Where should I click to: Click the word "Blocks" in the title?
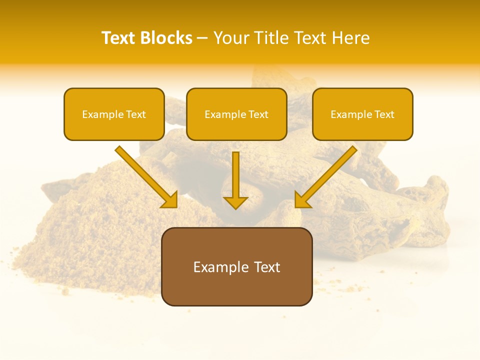[167, 38]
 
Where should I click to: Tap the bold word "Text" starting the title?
[119, 38]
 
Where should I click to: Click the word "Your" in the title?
[231, 38]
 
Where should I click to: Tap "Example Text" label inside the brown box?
[236, 267]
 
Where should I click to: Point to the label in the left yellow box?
[114, 114]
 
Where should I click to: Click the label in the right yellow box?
[362, 114]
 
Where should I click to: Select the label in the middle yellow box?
[236, 114]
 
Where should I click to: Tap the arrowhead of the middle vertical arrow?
[235, 202]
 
